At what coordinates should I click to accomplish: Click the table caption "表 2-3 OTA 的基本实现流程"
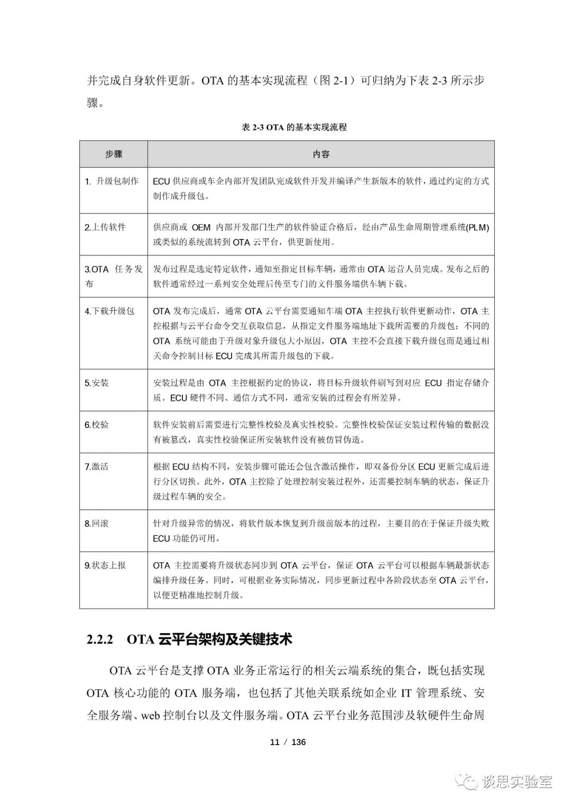tap(294, 127)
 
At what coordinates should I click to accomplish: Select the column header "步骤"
tap(113, 154)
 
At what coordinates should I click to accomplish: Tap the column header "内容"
tap(321, 154)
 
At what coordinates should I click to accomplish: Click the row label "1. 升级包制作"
tap(112, 181)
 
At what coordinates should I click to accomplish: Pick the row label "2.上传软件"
tap(105, 227)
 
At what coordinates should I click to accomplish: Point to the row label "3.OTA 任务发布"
tap(113, 276)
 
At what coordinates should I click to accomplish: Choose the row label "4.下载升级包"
tap(109, 311)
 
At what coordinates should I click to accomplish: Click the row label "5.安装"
tap(96, 383)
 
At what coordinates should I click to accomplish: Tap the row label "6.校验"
tap(96, 424)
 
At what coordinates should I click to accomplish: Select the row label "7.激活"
tap(96, 466)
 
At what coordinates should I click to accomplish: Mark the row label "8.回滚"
tap(96, 523)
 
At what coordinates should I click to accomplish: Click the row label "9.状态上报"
tap(105, 565)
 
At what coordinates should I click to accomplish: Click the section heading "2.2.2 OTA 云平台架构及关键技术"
tap(189, 639)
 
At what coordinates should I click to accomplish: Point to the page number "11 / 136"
tap(288, 742)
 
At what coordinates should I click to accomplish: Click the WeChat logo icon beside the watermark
tap(468, 781)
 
